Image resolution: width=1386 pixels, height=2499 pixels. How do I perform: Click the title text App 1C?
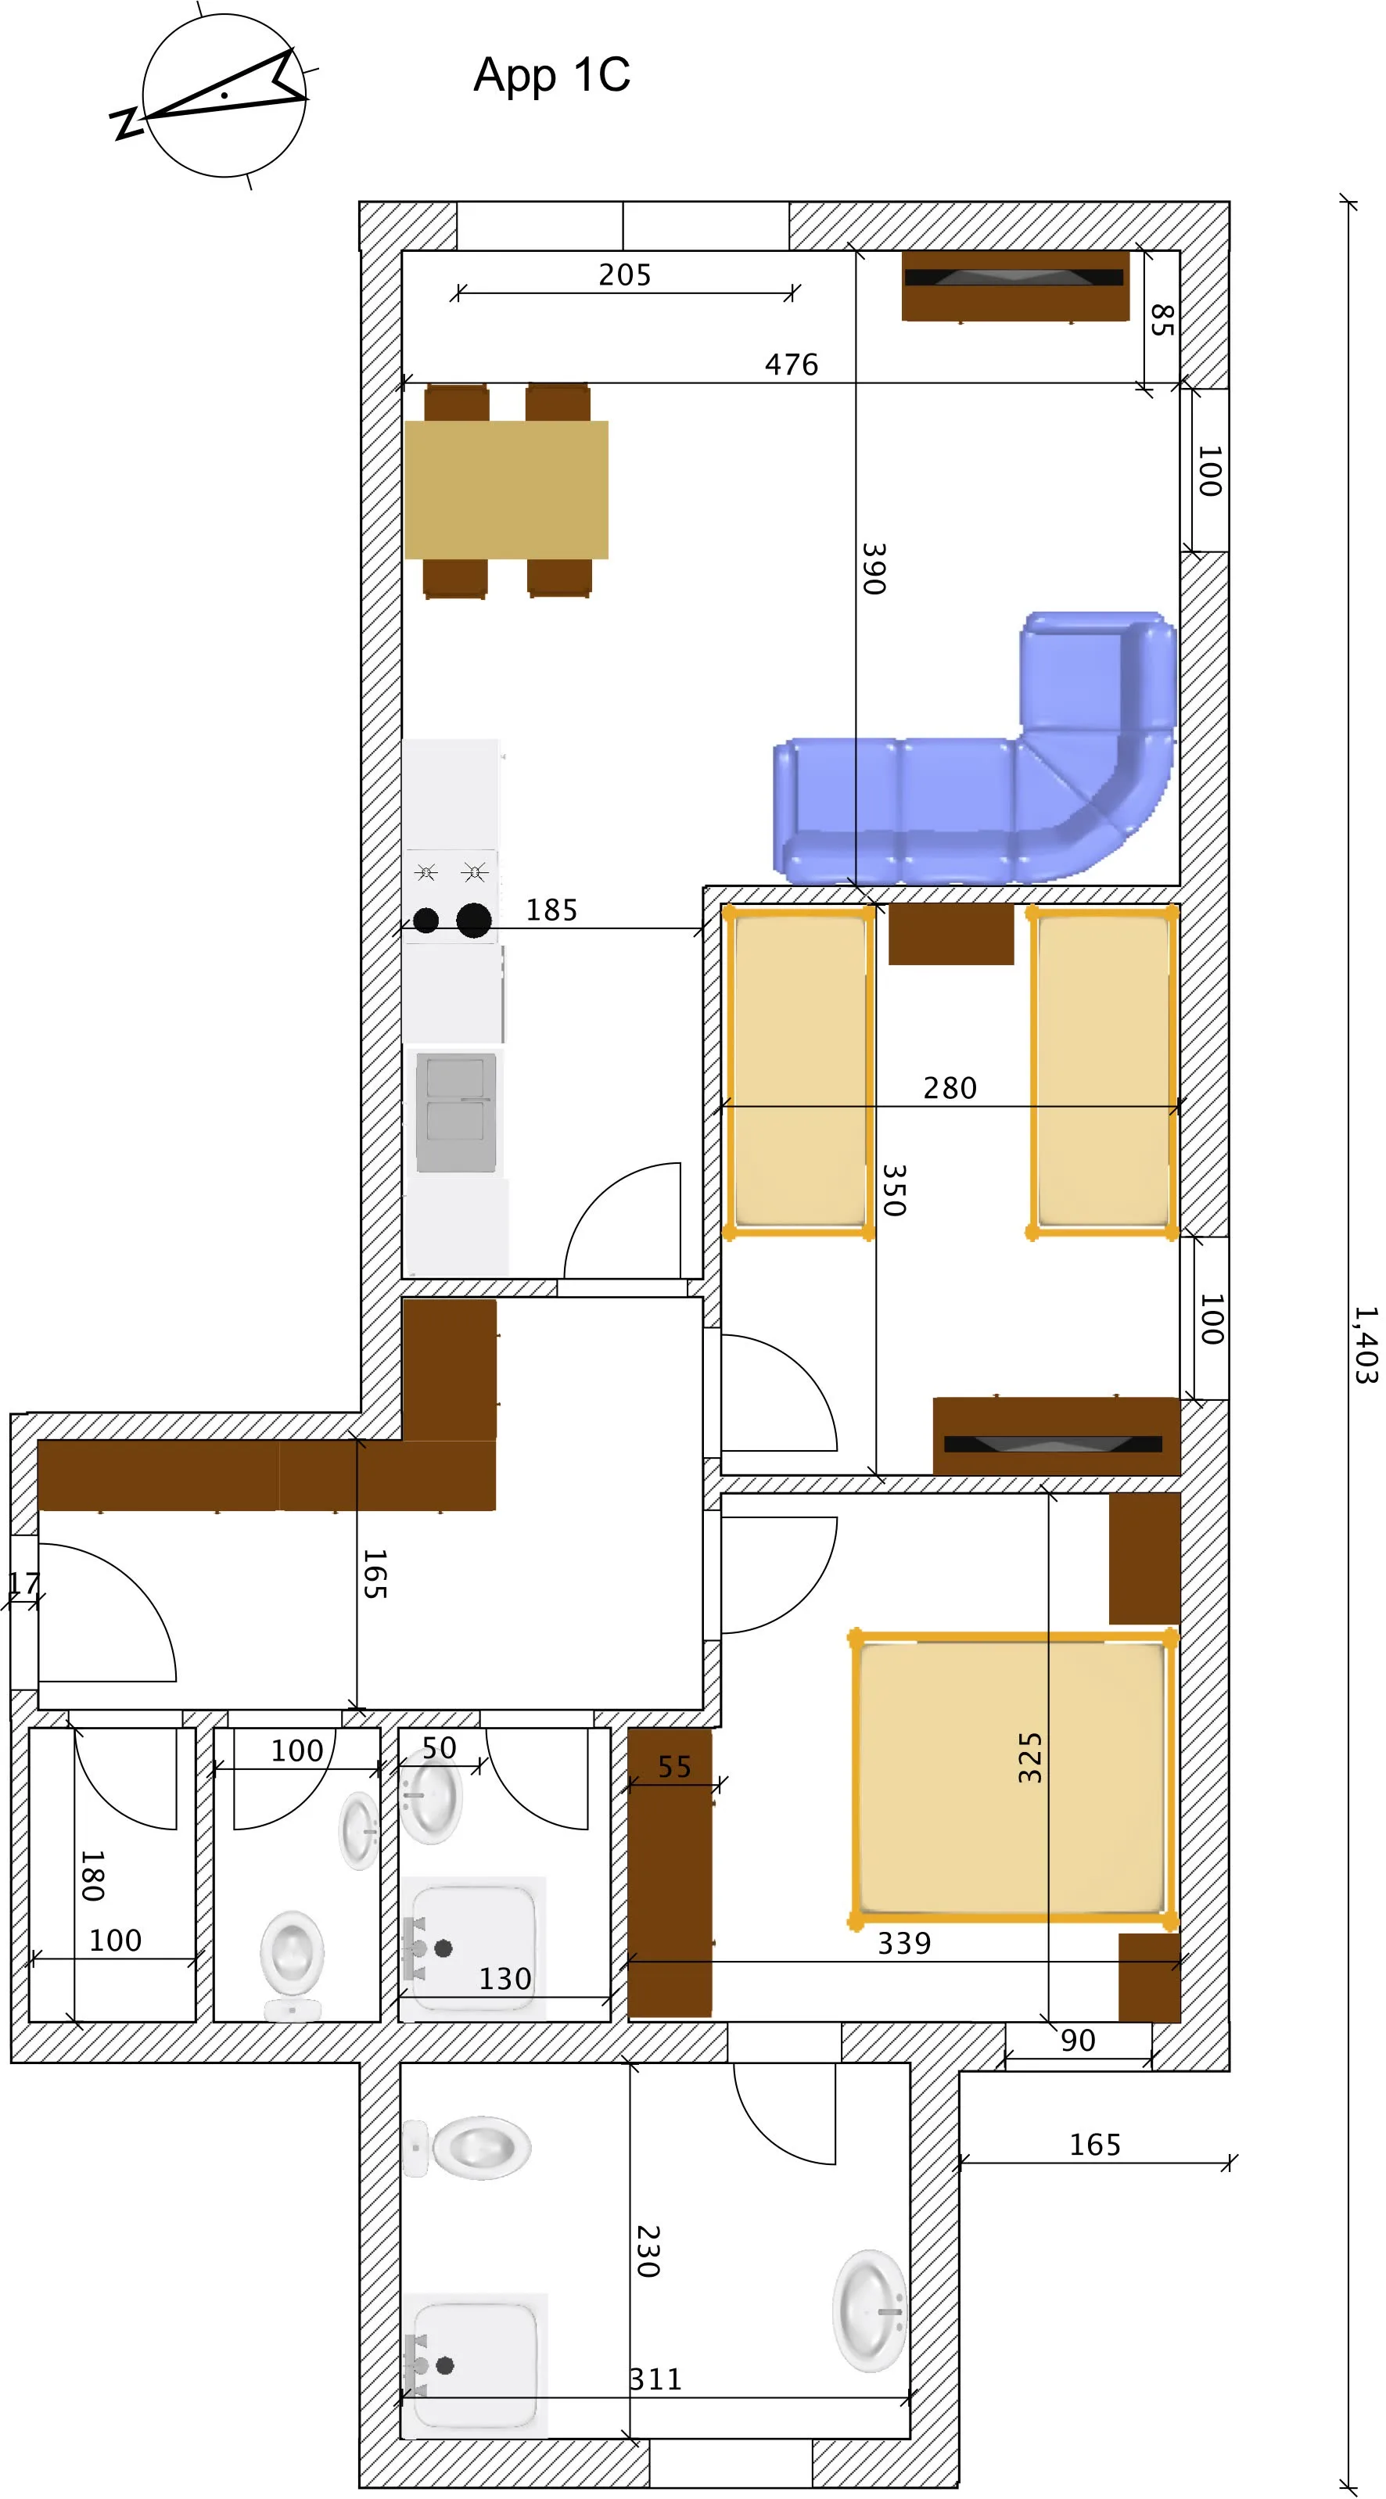click(x=551, y=76)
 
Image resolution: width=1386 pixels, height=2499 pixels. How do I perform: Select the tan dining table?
click(x=506, y=490)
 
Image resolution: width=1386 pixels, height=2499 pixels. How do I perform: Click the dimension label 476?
click(x=792, y=364)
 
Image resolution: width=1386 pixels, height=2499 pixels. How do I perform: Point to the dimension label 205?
click(x=625, y=275)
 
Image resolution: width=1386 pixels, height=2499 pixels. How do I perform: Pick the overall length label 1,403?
click(x=1366, y=1345)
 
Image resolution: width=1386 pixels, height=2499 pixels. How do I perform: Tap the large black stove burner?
click(x=473, y=920)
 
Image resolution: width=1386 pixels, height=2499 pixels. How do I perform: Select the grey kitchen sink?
click(x=455, y=1111)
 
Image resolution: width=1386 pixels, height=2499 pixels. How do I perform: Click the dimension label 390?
click(x=874, y=569)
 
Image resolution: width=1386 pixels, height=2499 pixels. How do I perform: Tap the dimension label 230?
click(x=648, y=2253)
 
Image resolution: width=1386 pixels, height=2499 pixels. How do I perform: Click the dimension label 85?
click(x=1161, y=320)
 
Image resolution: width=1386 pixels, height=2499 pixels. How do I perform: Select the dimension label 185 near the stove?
click(x=551, y=910)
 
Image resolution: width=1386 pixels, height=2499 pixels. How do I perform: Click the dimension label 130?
click(x=504, y=1979)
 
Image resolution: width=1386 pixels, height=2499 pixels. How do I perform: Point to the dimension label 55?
click(x=674, y=1768)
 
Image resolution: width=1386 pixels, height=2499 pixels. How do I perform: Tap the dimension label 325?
click(x=1030, y=1757)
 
